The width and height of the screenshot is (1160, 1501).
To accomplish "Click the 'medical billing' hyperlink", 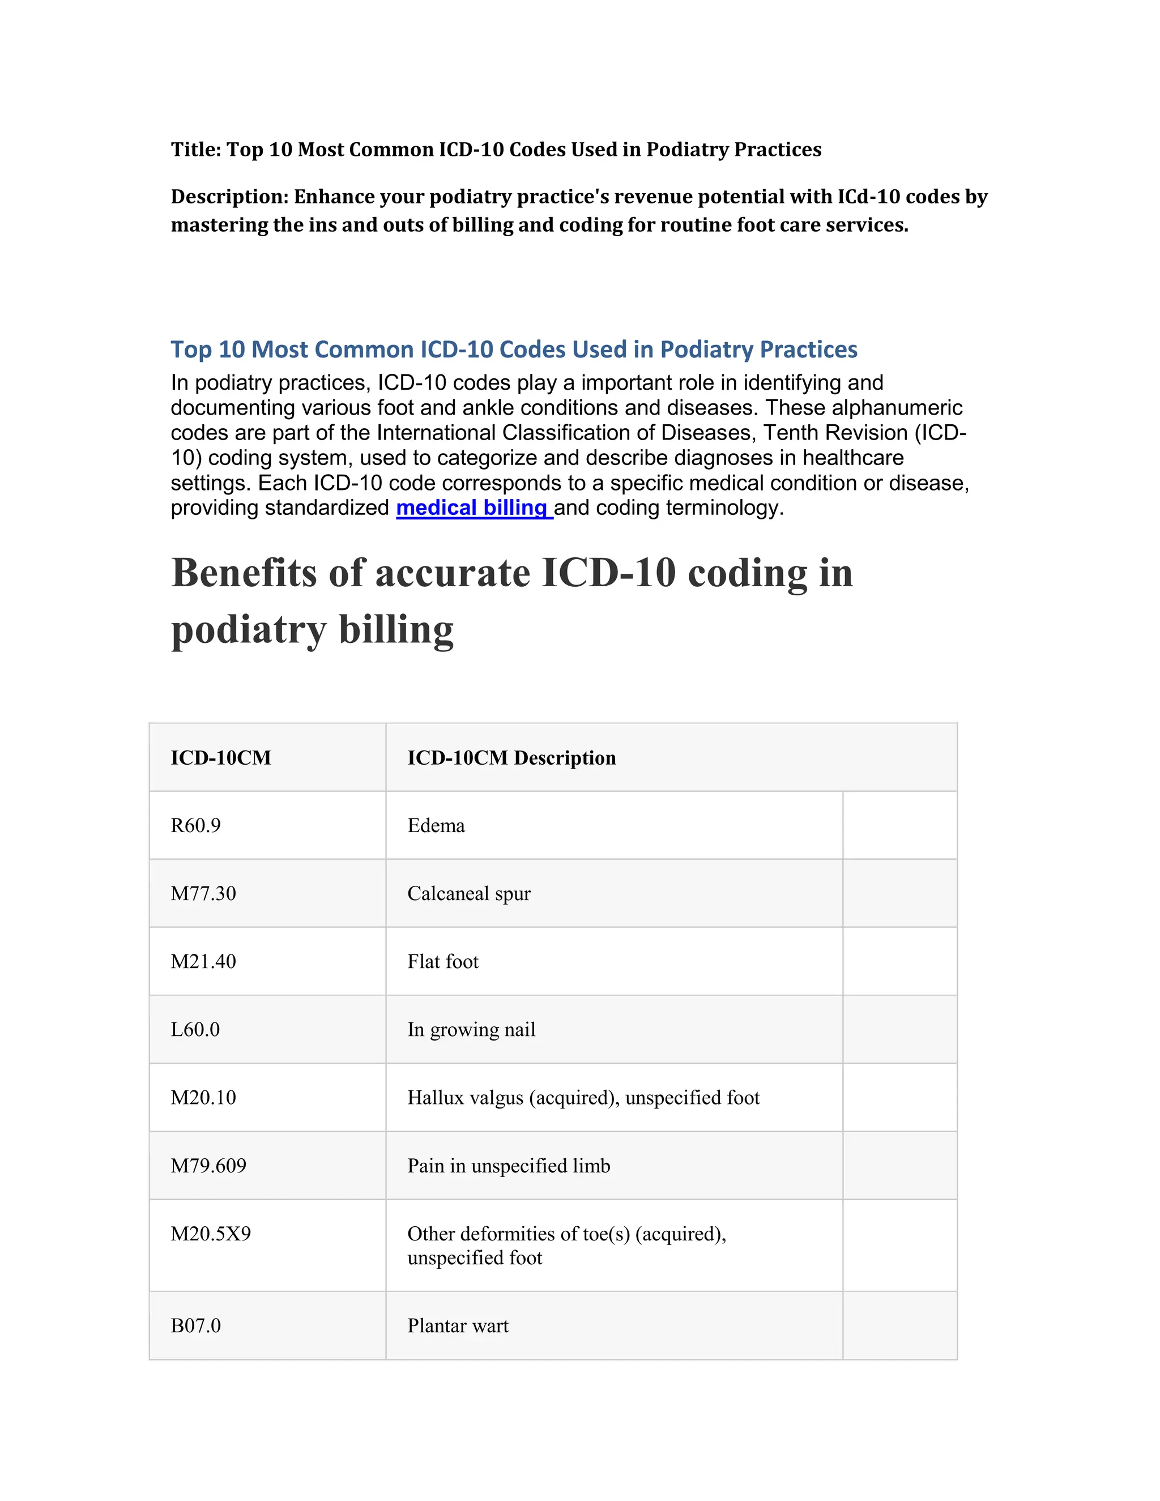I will point(474,508).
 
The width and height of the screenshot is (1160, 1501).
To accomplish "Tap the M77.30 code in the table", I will point(203,893).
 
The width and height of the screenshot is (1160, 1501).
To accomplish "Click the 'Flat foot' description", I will point(442,962).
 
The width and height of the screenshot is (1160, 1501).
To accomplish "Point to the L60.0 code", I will point(195,1030).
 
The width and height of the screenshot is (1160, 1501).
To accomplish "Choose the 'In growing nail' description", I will point(471,1030).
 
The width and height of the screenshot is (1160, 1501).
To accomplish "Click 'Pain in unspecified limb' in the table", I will point(509,1166).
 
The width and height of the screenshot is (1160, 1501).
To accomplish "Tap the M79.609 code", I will point(208,1166).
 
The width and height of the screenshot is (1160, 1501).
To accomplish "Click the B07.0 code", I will point(196,1326).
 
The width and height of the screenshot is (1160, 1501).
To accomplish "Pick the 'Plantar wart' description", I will point(458,1326).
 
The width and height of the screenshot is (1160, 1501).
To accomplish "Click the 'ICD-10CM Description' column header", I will point(511,758).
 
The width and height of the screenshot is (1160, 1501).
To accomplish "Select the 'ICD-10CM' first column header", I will point(220,758).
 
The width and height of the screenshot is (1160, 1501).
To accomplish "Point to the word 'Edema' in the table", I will point(436,825).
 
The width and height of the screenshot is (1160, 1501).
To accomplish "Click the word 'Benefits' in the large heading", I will point(244,573).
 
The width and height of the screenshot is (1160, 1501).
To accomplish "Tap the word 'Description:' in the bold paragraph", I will point(229,197).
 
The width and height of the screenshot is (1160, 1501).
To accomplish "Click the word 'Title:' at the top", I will point(196,150).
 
